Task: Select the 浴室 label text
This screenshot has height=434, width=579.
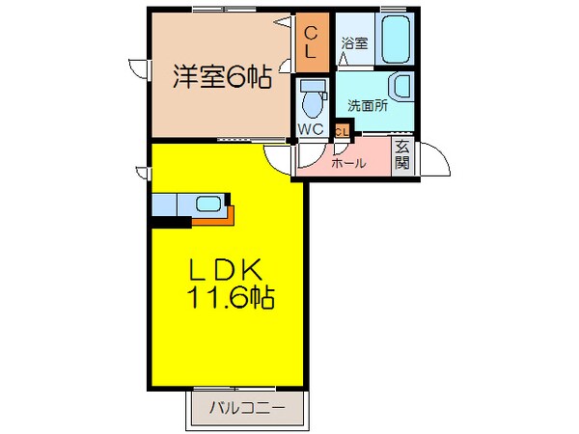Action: point(354,42)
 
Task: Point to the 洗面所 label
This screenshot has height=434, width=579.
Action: point(369,106)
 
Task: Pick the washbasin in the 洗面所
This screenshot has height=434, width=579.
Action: point(402,86)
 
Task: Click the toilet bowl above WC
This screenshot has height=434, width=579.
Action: point(310,97)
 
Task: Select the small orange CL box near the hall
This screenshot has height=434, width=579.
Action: point(342,130)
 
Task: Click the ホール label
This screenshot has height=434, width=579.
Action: point(348,163)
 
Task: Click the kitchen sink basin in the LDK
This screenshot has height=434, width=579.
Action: point(207,203)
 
